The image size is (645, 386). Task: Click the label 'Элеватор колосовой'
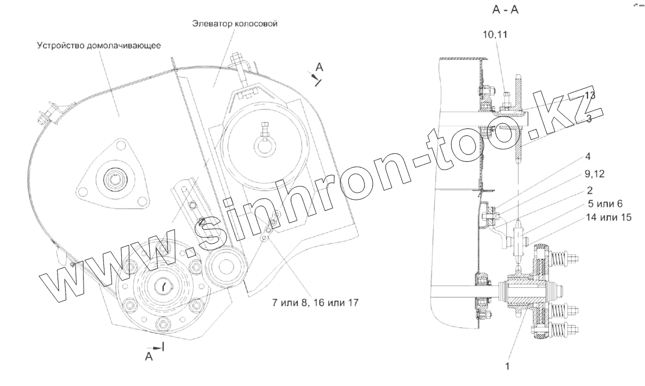pos(235,24)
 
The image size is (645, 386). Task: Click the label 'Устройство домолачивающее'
pos(99,45)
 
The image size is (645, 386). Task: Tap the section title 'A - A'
pos(505,10)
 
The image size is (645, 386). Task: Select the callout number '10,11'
pos(495,34)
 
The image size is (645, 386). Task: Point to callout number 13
pos(590,95)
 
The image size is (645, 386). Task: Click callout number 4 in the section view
pos(588,157)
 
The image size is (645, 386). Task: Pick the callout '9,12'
pos(595,174)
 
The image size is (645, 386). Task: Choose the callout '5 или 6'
pos(604,204)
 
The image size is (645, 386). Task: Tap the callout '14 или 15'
pos(608,218)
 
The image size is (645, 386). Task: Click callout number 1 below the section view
pos(507,366)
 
